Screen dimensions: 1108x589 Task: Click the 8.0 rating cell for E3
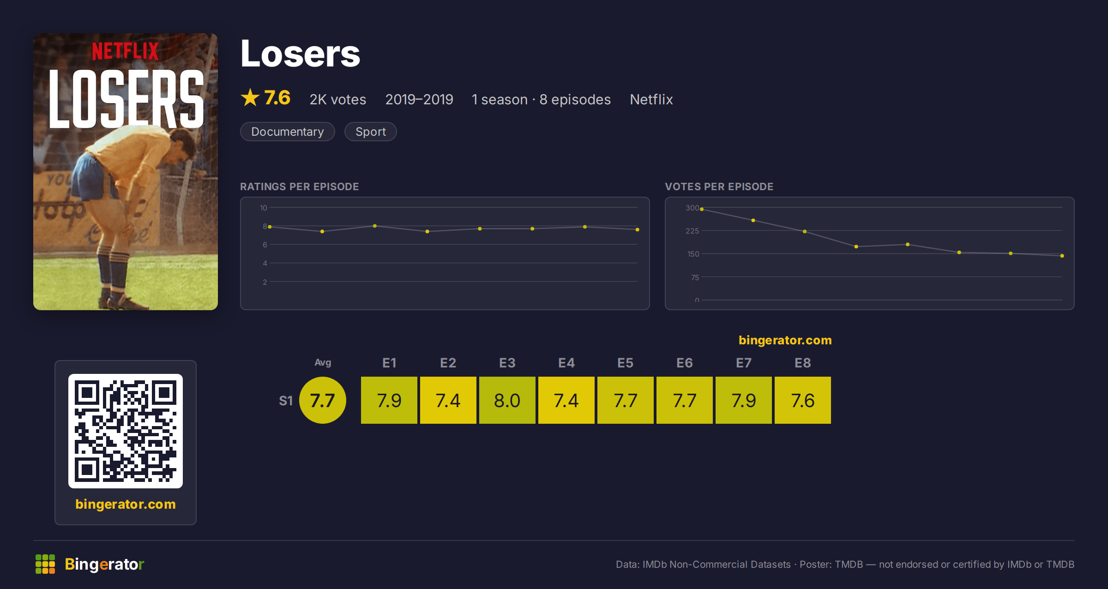(507, 400)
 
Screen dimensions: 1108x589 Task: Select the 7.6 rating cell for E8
(802, 400)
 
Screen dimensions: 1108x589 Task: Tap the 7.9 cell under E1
(389, 400)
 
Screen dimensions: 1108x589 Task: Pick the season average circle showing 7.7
(323, 400)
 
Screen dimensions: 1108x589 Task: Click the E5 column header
(625, 363)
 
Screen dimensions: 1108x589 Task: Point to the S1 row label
(286, 401)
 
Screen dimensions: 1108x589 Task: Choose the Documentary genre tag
(287, 132)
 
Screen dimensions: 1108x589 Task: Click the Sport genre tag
(370, 132)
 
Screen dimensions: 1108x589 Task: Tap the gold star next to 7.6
(250, 97)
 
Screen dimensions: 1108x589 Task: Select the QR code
(126, 431)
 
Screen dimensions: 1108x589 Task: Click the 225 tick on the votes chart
(692, 231)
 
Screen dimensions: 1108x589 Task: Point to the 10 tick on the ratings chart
(263, 208)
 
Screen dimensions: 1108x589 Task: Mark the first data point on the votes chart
(702, 209)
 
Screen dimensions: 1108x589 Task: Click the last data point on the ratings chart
(638, 229)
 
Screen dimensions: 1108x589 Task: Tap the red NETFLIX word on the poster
(125, 51)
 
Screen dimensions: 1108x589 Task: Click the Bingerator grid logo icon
(45, 564)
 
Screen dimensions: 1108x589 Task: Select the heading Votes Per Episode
(719, 186)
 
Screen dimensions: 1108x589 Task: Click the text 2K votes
(337, 99)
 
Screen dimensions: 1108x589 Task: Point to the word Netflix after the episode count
(651, 99)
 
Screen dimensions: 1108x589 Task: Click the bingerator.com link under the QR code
(126, 504)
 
